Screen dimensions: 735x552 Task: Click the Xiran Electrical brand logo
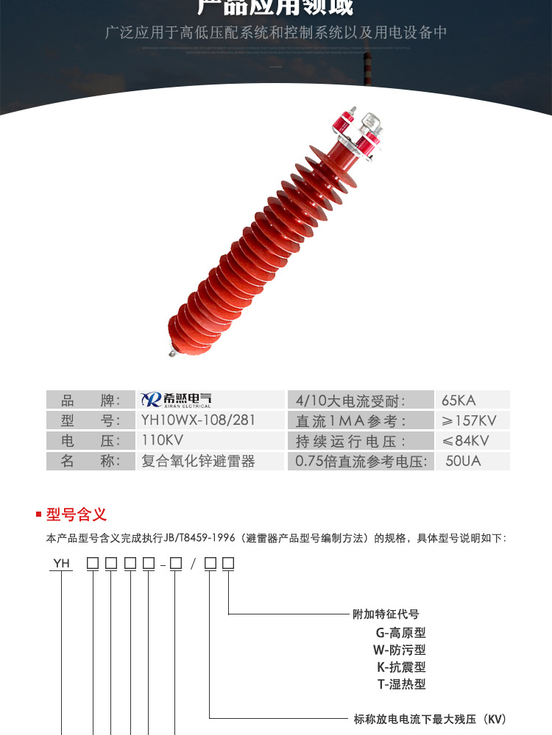[176, 400]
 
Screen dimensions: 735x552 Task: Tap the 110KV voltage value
[162, 440]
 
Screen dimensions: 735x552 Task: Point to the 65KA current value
[459, 401]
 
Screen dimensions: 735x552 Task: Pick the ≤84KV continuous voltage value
[465, 441]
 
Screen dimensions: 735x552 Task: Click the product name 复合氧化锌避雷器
[197, 461]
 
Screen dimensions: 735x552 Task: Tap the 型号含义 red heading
[77, 514]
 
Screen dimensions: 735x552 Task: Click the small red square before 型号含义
[38, 514]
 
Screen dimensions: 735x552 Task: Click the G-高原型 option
[400, 632]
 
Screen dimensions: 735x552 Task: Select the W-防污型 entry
[400, 650]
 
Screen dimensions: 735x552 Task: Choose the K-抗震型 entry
[400, 667]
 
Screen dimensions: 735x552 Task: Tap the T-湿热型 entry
[400, 684]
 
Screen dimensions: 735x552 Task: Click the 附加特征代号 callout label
[386, 614]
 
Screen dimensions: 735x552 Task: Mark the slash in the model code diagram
[193, 564]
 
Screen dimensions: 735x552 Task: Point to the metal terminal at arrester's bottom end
[171, 352]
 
